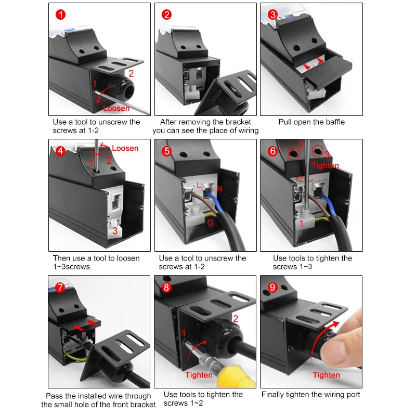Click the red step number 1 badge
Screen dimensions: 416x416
tap(61, 15)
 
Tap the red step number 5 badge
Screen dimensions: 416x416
tap(166, 151)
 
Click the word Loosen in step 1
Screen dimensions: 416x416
tap(116, 108)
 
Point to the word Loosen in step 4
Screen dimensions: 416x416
tap(125, 148)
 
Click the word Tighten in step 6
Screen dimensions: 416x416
tap(326, 165)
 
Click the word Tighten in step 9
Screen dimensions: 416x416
tap(326, 375)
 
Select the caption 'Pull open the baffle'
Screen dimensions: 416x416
tap(311, 122)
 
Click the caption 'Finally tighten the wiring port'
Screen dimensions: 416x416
tap(310, 395)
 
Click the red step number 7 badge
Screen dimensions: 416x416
tap(60, 287)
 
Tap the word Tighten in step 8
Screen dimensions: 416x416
tap(199, 375)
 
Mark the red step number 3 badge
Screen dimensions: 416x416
tap(272, 15)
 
